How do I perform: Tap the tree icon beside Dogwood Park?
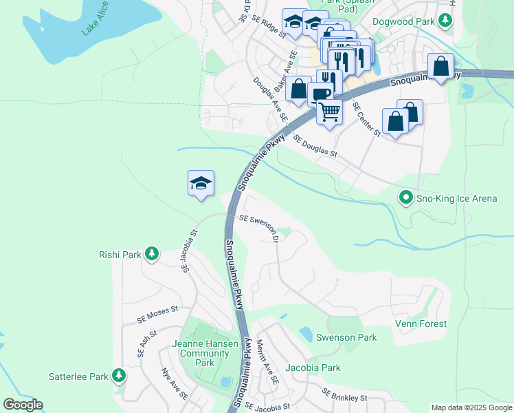pos(445,21)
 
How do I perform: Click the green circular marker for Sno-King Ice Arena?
pos(405,198)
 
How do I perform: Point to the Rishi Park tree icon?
pos(151,255)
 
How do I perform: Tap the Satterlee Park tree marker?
pos(120,376)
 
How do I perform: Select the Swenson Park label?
pos(346,337)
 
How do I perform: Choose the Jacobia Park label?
pos(313,368)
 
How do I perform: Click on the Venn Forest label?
pos(421,324)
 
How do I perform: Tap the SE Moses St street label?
pos(157,315)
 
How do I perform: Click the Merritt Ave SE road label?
pos(268,362)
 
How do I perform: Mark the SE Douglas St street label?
pos(316,146)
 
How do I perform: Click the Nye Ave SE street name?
pos(175,384)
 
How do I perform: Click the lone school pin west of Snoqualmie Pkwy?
pos(201,183)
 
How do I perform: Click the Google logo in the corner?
pos(23,405)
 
